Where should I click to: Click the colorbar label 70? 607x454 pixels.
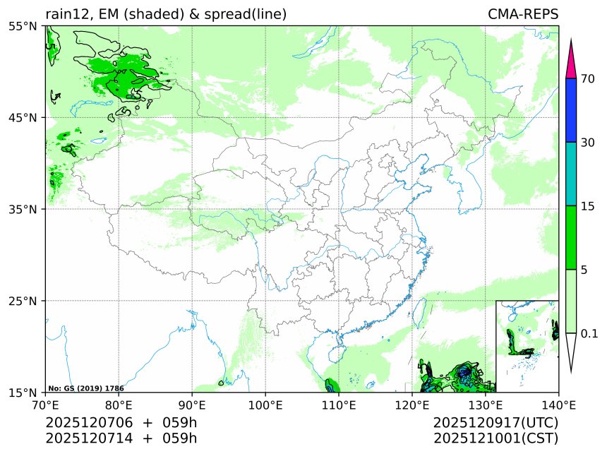tap(587, 79)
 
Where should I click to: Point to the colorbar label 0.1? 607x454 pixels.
tap(589, 333)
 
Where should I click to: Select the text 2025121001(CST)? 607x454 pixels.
tap(495, 438)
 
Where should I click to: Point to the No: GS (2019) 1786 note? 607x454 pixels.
tap(86, 388)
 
